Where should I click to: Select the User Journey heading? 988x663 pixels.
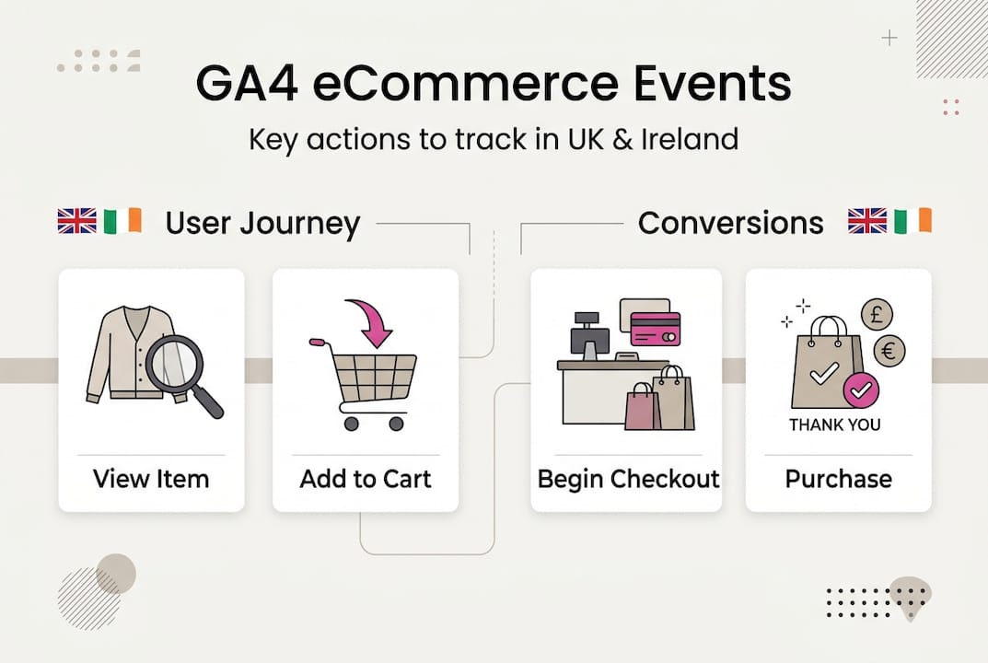click(262, 223)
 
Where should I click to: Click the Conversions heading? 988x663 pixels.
click(730, 223)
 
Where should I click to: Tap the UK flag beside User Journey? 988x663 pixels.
click(76, 221)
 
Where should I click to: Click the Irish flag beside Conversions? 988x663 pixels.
click(912, 221)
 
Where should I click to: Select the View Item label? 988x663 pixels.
click(151, 479)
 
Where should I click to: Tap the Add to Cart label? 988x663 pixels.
click(366, 479)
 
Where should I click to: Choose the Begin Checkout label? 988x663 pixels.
click(628, 479)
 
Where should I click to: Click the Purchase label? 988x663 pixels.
click(838, 479)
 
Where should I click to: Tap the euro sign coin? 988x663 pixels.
click(889, 350)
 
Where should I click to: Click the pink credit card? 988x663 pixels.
click(655, 328)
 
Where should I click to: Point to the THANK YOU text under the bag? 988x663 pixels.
click(834, 425)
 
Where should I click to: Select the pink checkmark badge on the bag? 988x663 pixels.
click(861, 391)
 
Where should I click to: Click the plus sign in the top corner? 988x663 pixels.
click(889, 38)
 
